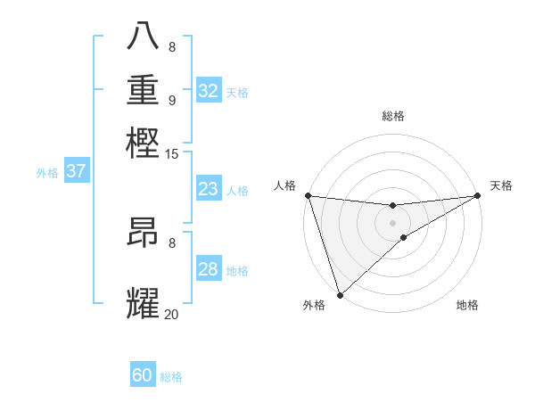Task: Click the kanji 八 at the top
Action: pos(144,37)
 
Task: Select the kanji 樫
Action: pos(144,143)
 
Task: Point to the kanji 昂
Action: pos(144,233)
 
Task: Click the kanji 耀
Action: pos(144,302)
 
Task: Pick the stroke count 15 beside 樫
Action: pos(172,154)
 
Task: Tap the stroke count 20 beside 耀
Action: pos(171,314)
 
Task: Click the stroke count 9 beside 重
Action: pos(172,99)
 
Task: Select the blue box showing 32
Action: pos(209,91)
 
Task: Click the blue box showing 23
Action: pos(208,189)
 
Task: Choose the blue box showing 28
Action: pos(208,269)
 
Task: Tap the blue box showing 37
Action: pos(76,171)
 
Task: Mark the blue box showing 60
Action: pos(143,375)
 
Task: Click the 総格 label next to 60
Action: pos(171,377)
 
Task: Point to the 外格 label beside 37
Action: pos(47,173)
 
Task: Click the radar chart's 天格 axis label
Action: pos(501,185)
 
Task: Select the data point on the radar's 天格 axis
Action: pos(478,195)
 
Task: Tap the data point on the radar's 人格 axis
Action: pos(308,195)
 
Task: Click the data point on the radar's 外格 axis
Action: pos(340,295)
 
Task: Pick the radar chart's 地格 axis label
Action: pos(467,306)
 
